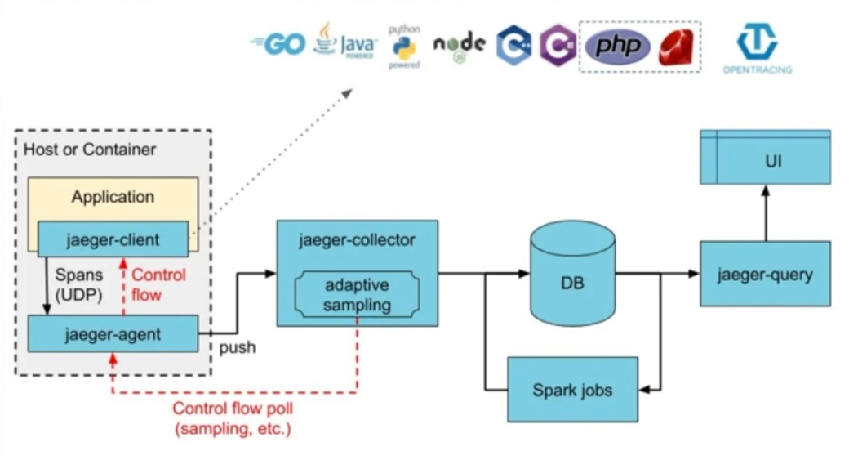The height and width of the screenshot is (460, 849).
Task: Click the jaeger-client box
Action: tap(113, 239)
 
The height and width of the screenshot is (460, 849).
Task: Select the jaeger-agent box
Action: tap(113, 334)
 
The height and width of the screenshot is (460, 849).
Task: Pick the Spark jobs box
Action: tap(572, 390)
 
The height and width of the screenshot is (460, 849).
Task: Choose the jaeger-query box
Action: tap(765, 274)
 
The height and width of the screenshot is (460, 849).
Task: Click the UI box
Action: tap(765, 161)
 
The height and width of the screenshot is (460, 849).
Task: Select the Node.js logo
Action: tap(459, 45)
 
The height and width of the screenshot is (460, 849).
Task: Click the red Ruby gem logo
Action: tap(677, 46)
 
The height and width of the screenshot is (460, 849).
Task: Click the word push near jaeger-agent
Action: tap(237, 347)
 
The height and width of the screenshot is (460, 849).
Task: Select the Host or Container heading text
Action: tap(90, 150)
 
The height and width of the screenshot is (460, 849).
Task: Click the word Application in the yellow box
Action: tap(113, 197)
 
